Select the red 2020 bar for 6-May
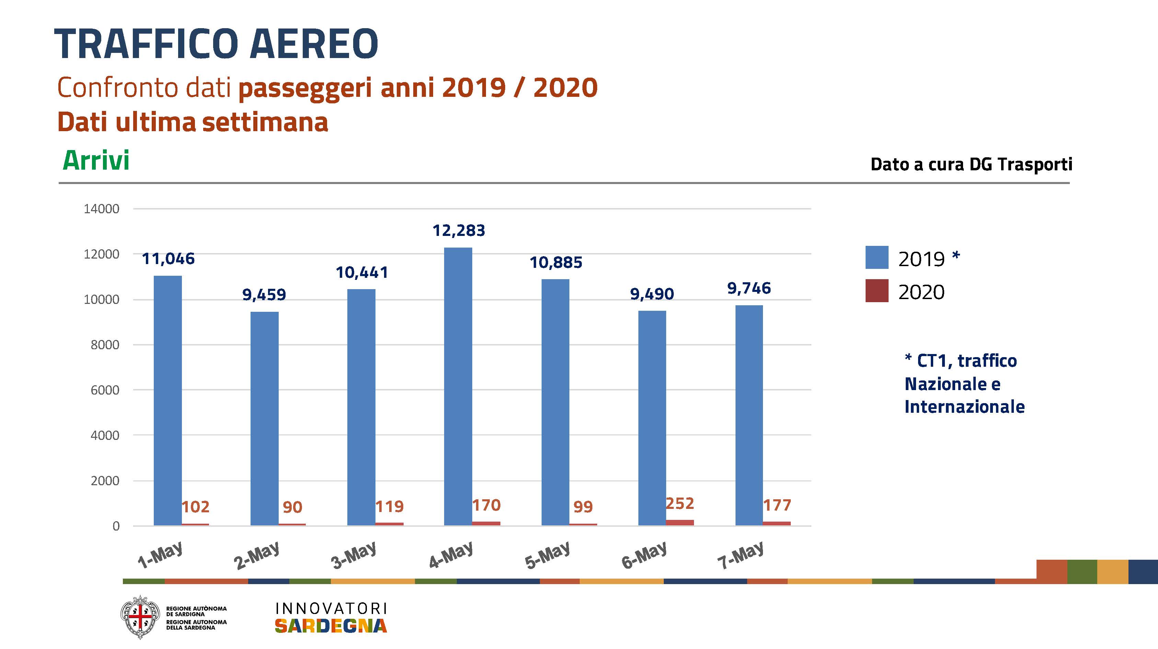tap(680, 523)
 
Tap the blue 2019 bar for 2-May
tap(264, 418)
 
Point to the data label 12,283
tap(459, 231)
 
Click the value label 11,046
tap(168, 259)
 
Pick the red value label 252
tap(680, 503)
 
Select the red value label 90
tap(292, 507)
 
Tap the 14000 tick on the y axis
tap(102, 209)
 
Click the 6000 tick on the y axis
tap(105, 390)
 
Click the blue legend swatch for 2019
tap(877, 257)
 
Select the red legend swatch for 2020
tap(877, 291)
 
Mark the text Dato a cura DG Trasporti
tap(971, 164)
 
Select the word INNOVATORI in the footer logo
tap(331, 608)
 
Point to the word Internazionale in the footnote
tap(964, 407)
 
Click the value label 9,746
tap(749, 288)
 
